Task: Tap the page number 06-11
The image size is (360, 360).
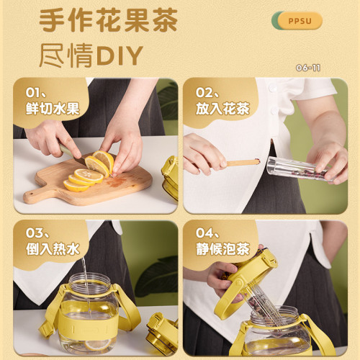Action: click(308, 68)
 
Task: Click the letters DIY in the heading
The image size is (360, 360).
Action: click(120, 55)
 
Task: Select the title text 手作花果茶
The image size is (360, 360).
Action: click(108, 20)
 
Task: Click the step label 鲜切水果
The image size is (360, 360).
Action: click(53, 109)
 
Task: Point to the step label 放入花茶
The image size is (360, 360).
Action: click(222, 109)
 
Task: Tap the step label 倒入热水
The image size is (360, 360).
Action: click(53, 249)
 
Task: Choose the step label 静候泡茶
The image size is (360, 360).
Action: click(222, 249)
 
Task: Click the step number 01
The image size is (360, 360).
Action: click(33, 93)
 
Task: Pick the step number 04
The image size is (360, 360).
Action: click(204, 233)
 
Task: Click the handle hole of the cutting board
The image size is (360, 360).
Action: click(30, 193)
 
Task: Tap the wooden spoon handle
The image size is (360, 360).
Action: click(242, 163)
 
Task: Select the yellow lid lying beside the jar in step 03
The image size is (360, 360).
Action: click(163, 333)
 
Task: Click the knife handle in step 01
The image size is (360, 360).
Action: click(67, 150)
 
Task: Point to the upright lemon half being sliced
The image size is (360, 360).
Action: click(104, 161)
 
